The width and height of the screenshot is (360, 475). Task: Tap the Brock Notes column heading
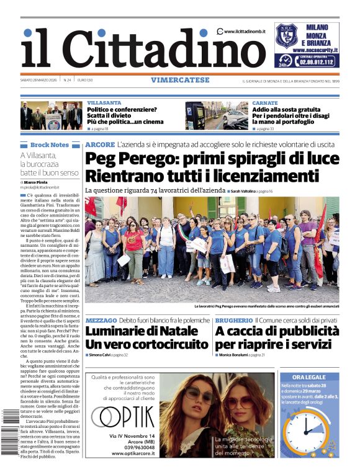click(x=50, y=144)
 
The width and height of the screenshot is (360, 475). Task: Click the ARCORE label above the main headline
click(x=100, y=144)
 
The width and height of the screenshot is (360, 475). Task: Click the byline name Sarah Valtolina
click(x=248, y=192)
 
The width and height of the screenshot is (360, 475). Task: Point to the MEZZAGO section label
click(x=101, y=320)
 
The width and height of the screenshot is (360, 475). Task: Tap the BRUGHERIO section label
click(x=233, y=320)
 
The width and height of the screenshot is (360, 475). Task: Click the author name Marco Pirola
click(x=39, y=182)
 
